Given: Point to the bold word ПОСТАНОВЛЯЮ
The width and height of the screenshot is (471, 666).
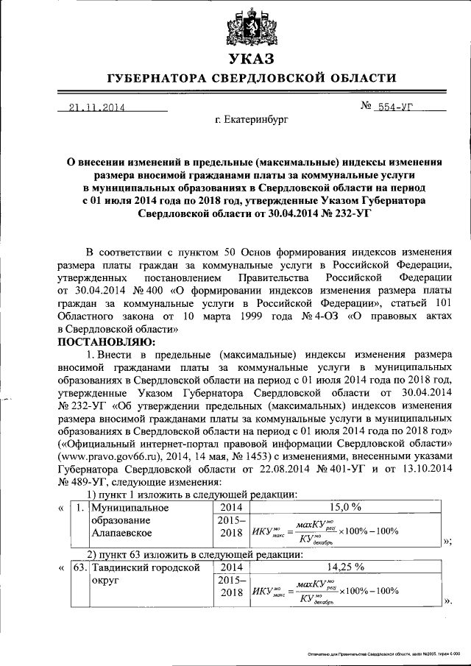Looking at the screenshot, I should [102, 342].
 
